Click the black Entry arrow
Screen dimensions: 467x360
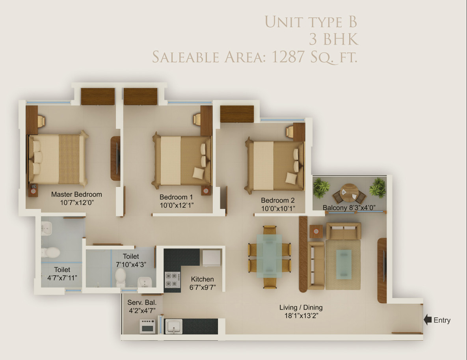click(428, 319)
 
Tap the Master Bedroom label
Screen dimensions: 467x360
click(76, 194)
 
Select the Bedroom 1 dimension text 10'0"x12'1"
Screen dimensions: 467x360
click(177, 205)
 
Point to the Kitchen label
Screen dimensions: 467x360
click(202, 279)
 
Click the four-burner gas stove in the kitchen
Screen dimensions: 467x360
click(173, 280)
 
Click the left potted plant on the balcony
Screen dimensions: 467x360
click(321, 187)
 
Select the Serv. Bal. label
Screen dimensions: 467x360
click(142, 302)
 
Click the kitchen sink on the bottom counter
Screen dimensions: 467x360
click(174, 326)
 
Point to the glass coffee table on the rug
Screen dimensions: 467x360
click(344, 265)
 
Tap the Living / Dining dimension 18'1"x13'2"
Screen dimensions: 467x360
click(301, 315)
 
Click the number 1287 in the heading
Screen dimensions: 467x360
click(288, 57)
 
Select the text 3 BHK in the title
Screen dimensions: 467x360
click(333, 39)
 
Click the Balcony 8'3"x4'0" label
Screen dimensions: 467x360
click(349, 207)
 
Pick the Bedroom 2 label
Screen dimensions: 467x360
click(277, 200)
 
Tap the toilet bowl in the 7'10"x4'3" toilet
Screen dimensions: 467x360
click(121, 277)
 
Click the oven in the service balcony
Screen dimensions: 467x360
click(148, 326)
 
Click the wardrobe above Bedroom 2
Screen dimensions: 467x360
click(237, 114)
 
